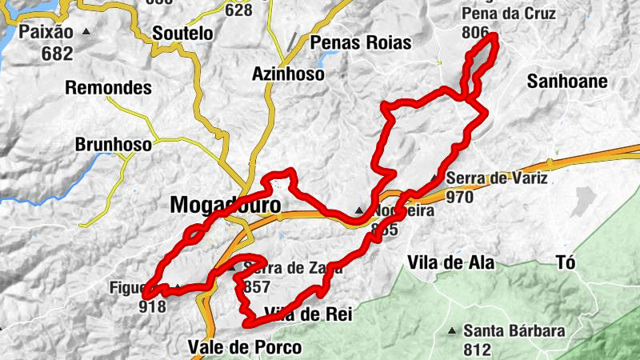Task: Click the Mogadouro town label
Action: tap(226, 206)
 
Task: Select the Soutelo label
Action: tap(182, 34)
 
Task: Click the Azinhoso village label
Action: tap(288, 74)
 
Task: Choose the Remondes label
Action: tap(109, 87)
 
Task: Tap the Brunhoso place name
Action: tap(113, 145)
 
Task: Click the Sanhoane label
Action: tap(568, 82)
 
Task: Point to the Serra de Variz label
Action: tap(498, 178)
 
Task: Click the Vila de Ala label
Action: tap(451, 262)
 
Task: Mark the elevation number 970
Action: tap(461, 197)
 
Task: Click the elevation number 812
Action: tap(477, 349)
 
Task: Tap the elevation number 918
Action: tap(152, 306)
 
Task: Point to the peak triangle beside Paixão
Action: tap(86, 33)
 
